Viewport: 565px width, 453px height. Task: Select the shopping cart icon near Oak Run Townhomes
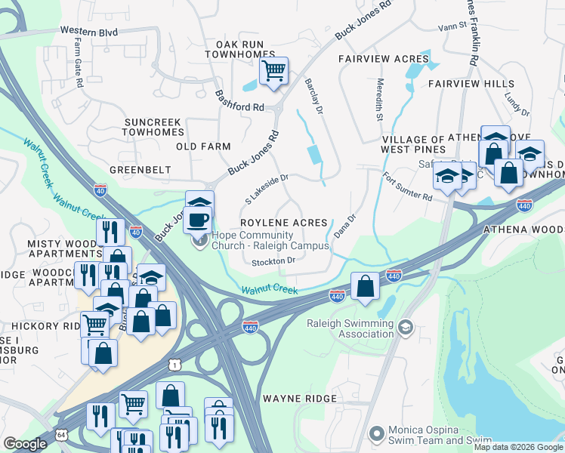[x=273, y=71]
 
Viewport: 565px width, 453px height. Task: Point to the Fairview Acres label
[x=384, y=59]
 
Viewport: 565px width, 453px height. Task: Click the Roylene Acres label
[x=284, y=223]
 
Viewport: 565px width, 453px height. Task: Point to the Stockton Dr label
[x=273, y=260]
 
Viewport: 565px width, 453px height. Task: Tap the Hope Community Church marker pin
[x=199, y=241]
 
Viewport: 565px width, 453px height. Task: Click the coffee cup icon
[x=199, y=219]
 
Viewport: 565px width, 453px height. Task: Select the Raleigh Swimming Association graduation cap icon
[x=406, y=327]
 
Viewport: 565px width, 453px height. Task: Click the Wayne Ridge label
[x=293, y=398]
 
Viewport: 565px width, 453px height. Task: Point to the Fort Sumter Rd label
[x=407, y=187]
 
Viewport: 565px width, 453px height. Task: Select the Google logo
[x=25, y=444]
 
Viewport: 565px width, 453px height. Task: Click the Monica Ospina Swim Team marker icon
[x=377, y=434]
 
